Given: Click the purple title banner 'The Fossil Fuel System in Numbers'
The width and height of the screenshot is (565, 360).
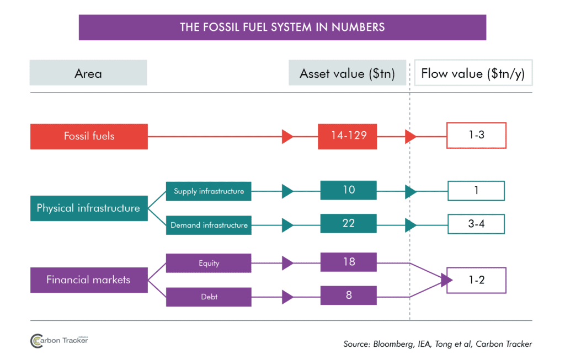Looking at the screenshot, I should [x=282, y=27].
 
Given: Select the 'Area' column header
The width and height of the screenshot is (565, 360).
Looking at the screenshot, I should [x=88, y=73].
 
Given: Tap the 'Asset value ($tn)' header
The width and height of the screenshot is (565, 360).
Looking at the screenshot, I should [x=347, y=73].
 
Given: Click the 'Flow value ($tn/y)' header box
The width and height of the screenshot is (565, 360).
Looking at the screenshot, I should [x=473, y=73].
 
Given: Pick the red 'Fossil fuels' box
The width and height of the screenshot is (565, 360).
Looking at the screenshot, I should [x=89, y=136].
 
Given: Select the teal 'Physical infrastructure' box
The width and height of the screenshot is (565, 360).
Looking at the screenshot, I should [x=89, y=208].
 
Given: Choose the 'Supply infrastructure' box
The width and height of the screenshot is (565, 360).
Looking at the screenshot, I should [x=209, y=191].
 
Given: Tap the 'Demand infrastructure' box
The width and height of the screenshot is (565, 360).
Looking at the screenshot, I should [x=209, y=225].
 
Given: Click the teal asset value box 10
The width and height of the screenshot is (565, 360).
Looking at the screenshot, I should [x=348, y=190].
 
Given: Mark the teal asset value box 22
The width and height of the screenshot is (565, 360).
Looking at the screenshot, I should [x=348, y=224].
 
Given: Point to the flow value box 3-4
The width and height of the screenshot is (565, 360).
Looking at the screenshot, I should [x=476, y=224].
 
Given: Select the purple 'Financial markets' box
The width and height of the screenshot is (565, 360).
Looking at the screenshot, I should [x=89, y=280].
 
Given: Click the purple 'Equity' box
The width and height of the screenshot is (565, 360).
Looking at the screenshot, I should [x=209, y=263].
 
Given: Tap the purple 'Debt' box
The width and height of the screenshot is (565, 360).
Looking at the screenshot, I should [x=209, y=297].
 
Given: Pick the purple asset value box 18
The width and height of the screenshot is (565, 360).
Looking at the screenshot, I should [x=348, y=262].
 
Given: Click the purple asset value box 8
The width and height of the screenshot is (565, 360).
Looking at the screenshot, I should [x=348, y=295].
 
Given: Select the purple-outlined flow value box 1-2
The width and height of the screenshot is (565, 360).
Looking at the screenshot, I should [x=476, y=280].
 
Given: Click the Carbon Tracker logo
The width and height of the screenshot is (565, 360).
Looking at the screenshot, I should [x=59, y=341].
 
